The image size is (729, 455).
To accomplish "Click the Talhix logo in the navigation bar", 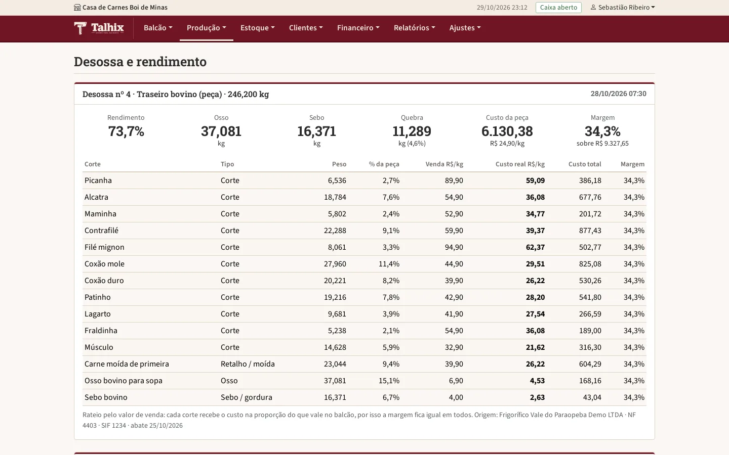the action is [x=99, y=28].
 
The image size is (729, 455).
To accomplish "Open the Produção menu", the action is [x=207, y=28].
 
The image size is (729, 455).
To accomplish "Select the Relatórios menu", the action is [x=414, y=28].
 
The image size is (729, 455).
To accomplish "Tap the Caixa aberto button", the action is [x=558, y=8].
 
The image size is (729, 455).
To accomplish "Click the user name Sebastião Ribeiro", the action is [x=624, y=8].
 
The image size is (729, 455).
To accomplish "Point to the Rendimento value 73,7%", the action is [x=126, y=131].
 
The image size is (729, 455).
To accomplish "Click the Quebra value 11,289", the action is [x=412, y=131].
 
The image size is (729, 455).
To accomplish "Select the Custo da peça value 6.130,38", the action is [x=507, y=131].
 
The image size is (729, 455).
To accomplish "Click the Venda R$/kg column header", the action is [x=444, y=164].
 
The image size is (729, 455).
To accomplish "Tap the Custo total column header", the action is [x=585, y=164].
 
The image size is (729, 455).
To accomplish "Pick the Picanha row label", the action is [x=98, y=180].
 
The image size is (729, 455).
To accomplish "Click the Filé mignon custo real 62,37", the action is [x=535, y=247].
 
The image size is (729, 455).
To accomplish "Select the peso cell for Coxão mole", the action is [x=335, y=264].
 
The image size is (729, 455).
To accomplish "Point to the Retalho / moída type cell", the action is [x=248, y=364].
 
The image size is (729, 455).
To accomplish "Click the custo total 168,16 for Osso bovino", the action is [x=590, y=381].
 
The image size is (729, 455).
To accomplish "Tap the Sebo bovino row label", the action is [x=106, y=397].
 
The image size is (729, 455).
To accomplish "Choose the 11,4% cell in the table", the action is [x=389, y=264].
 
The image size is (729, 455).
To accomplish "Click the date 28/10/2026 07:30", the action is [x=618, y=94].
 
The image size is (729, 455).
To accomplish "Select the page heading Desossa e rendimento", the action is [x=140, y=62].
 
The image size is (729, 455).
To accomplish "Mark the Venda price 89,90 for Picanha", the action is [x=454, y=180].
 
